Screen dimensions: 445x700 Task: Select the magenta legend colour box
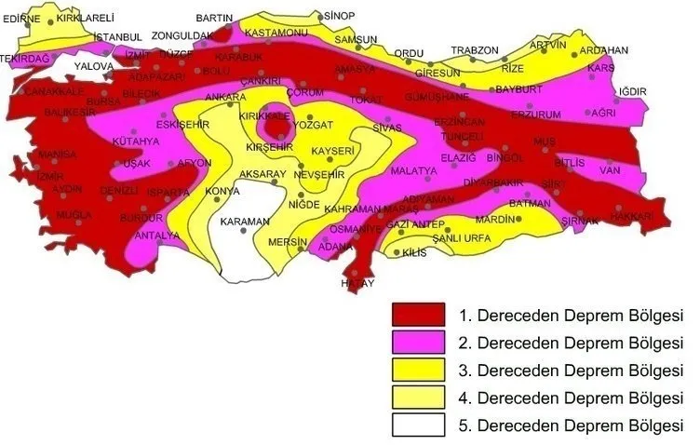[419, 342]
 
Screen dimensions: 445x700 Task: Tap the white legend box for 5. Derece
[419, 425]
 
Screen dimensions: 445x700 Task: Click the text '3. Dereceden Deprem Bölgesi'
[572, 371]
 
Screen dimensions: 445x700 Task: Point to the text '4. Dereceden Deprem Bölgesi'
[572, 398]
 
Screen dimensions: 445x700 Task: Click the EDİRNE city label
[22, 17]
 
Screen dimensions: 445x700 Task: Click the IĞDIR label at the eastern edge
[631, 91]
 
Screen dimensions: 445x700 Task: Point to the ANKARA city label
[225, 97]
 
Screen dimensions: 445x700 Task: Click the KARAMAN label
[244, 222]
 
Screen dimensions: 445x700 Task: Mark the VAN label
[610, 170]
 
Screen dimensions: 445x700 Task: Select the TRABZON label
[475, 50]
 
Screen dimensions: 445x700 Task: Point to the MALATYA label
[413, 171]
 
